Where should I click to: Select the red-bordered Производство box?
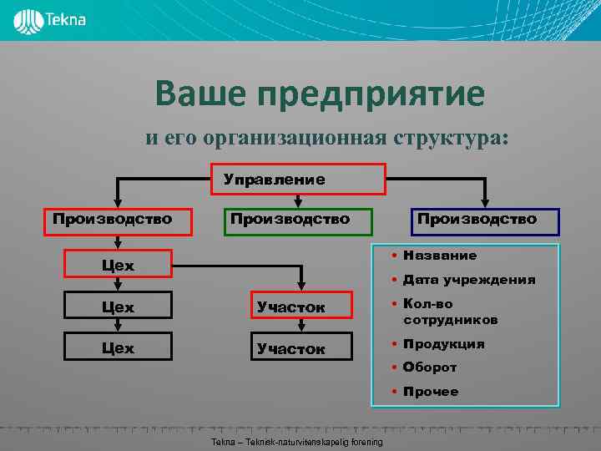113,220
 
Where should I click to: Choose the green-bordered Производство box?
290,220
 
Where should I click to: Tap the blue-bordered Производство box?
477,220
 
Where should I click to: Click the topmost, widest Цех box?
119,265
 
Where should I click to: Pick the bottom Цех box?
119,347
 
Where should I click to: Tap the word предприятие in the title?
371,94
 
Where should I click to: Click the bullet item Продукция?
443,344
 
